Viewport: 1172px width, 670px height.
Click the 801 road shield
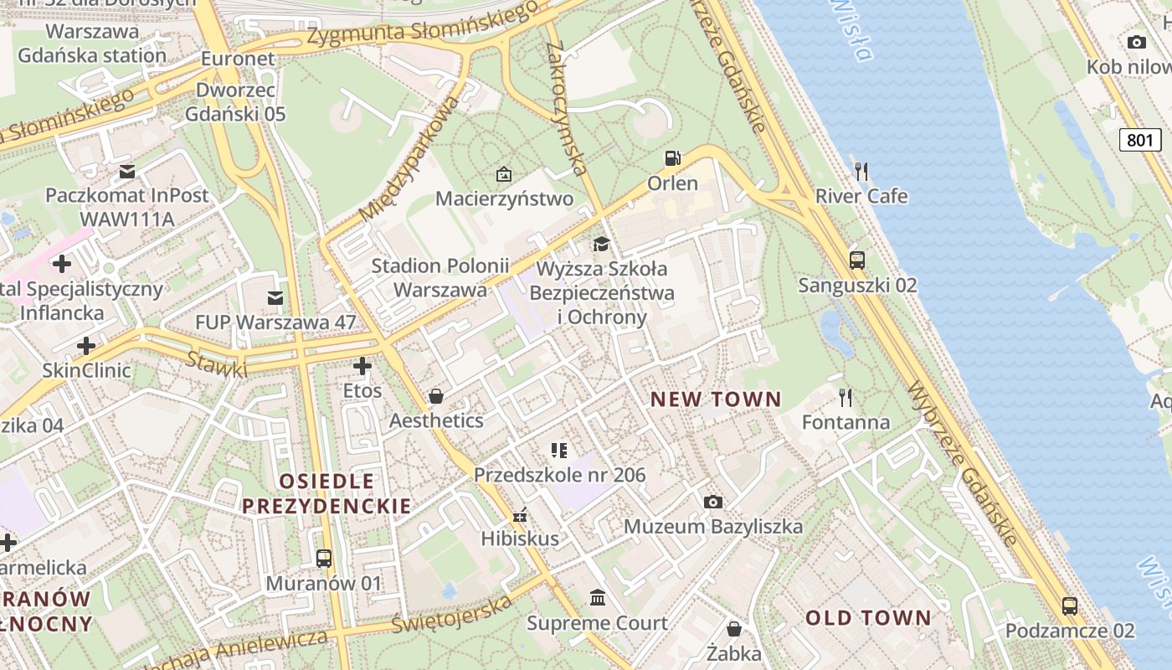1139,140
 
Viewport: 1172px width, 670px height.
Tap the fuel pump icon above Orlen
671,157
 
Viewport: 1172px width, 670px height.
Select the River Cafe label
861,196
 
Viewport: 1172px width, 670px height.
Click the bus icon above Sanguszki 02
856,260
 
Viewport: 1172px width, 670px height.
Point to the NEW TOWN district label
716,399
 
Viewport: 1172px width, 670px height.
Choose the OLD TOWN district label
868,618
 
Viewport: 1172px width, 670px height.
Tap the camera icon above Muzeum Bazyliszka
713,502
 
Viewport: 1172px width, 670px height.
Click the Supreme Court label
597,623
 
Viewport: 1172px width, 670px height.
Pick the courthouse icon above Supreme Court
598,598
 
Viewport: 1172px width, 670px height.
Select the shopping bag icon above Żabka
734,628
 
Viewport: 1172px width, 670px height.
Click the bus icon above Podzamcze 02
1069,606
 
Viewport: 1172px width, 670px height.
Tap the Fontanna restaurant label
846,421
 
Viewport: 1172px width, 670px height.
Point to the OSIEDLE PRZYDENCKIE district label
326,493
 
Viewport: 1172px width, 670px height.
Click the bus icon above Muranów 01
323,558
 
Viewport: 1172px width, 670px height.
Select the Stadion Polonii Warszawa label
439,278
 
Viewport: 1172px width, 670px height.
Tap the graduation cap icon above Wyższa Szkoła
601,244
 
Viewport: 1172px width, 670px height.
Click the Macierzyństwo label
504,198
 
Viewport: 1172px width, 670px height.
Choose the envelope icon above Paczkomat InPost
127,172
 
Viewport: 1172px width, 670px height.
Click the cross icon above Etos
362,366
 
